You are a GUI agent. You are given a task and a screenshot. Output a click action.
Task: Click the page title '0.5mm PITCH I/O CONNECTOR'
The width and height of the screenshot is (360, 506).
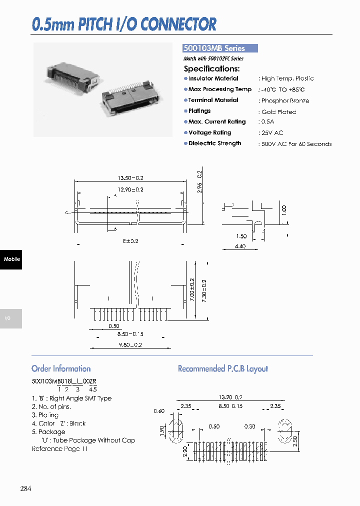click(x=124, y=24)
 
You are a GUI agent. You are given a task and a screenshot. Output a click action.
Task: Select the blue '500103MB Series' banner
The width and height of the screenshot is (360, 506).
click(x=220, y=48)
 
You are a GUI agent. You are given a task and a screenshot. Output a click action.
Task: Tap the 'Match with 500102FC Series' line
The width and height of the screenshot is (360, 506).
click(x=213, y=58)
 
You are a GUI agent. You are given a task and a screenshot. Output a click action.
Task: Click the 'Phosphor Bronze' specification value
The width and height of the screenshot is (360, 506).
click(x=285, y=100)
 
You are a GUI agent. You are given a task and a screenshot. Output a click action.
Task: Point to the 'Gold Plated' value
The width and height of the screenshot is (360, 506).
click(x=278, y=111)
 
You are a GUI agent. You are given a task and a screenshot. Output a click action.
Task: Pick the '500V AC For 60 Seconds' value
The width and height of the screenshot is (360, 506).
click(x=296, y=144)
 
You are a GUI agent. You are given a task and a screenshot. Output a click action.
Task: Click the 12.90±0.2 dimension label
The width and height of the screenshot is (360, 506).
click(x=130, y=189)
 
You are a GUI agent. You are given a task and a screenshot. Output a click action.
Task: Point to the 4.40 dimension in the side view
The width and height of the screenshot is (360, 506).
click(x=240, y=246)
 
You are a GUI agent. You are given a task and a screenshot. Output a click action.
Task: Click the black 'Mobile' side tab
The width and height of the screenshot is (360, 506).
click(x=11, y=259)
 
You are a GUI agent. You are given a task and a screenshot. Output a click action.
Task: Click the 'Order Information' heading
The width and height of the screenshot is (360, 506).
click(x=61, y=368)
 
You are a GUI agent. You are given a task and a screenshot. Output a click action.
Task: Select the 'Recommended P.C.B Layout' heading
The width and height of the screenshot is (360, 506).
click(x=223, y=368)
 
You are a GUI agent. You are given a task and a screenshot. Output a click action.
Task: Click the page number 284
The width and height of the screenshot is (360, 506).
click(x=25, y=488)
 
